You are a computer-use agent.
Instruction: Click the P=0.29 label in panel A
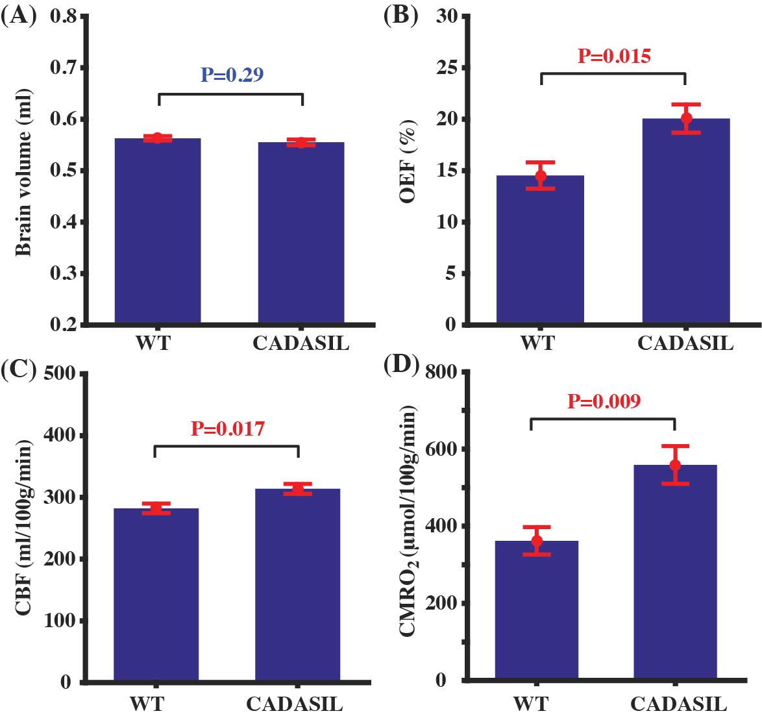(x=232, y=75)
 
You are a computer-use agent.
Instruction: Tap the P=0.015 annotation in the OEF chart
(x=614, y=56)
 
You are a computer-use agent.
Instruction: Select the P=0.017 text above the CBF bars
(x=227, y=428)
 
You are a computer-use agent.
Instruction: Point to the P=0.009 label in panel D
(x=604, y=401)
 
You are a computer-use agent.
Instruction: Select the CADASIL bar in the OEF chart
(x=686, y=221)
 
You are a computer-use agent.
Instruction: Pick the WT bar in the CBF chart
(x=156, y=594)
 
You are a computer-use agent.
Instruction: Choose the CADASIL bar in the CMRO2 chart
(x=675, y=571)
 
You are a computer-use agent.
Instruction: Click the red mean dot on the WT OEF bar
(x=541, y=175)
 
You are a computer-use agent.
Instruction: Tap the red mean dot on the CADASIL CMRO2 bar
(x=675, y=465)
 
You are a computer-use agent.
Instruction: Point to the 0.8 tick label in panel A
(x=63, y=16)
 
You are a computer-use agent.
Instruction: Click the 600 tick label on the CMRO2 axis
(x=441, y=449)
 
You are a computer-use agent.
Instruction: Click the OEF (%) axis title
(x=408, y=160)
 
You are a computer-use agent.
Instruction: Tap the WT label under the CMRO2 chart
(x=531, y=704)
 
